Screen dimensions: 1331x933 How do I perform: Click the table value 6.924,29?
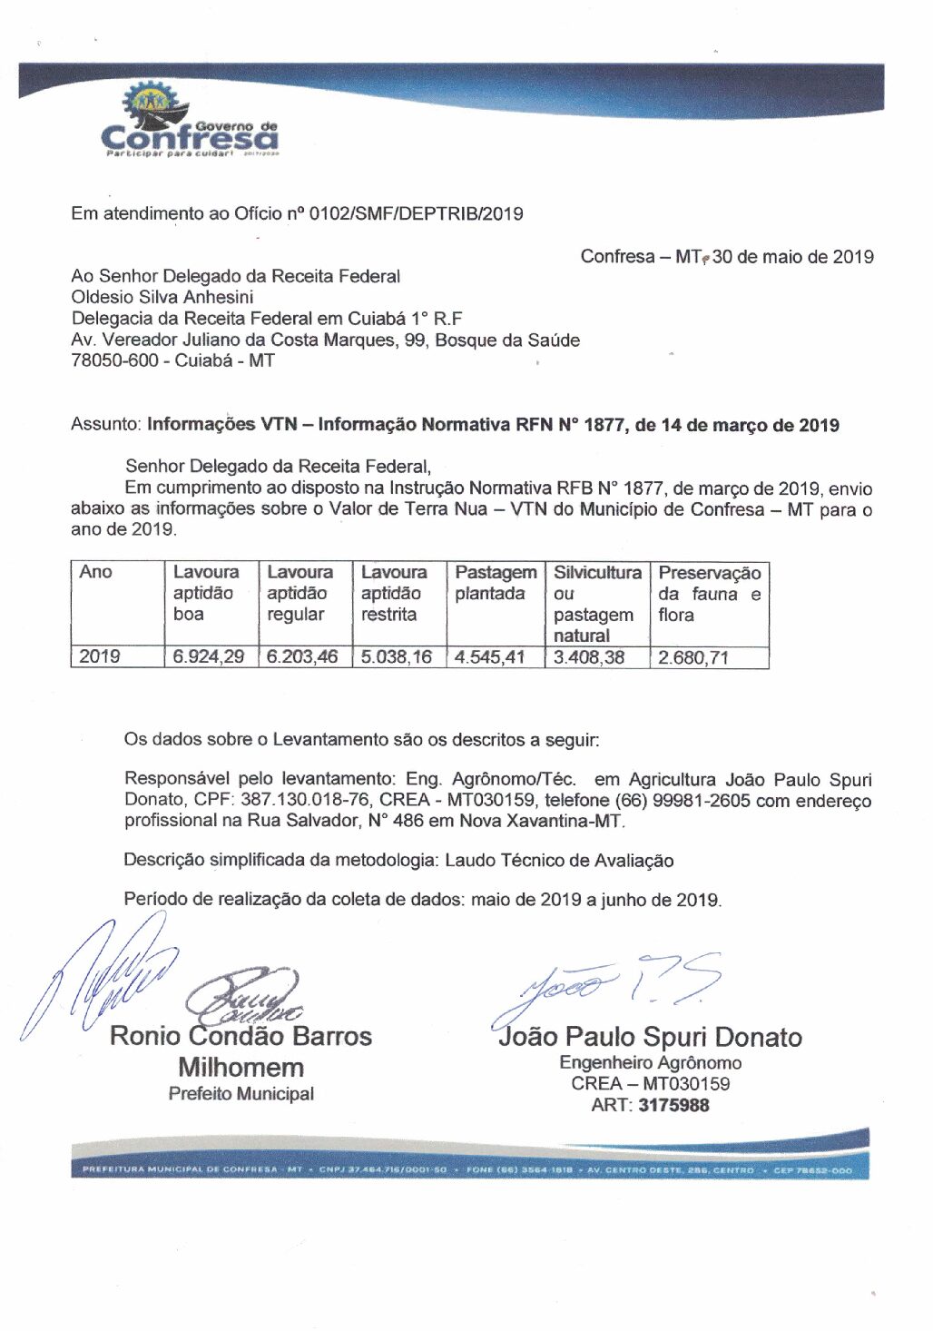click(x=209, y=656)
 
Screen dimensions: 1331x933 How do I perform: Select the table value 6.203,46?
click(x=302, y=656)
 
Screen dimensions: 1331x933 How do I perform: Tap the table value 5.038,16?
click(x=397, y=656)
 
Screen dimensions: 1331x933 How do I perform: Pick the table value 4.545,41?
click(x=490, y=656)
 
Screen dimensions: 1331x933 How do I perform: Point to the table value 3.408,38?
click(x=589, y=656)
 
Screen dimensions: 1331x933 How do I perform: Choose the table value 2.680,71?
click(x=693, y=657)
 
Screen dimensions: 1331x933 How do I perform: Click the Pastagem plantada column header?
click(x=495, y=583)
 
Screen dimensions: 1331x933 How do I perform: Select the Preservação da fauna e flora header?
click(x=709, y=594)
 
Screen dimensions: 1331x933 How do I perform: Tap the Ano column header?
click(x=95, y=572)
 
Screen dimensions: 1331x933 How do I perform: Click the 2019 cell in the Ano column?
click(x=99, y=656)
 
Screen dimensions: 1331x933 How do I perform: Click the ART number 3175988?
click(x=673, y=1106)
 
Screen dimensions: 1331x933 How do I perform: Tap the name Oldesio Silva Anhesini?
click(x=162, y=297)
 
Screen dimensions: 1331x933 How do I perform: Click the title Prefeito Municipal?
click(x=241, y=1094)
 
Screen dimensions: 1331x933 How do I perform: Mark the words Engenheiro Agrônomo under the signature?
click(x=650, y=1063)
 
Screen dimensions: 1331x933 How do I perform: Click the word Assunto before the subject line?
click(x=105, y=425)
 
